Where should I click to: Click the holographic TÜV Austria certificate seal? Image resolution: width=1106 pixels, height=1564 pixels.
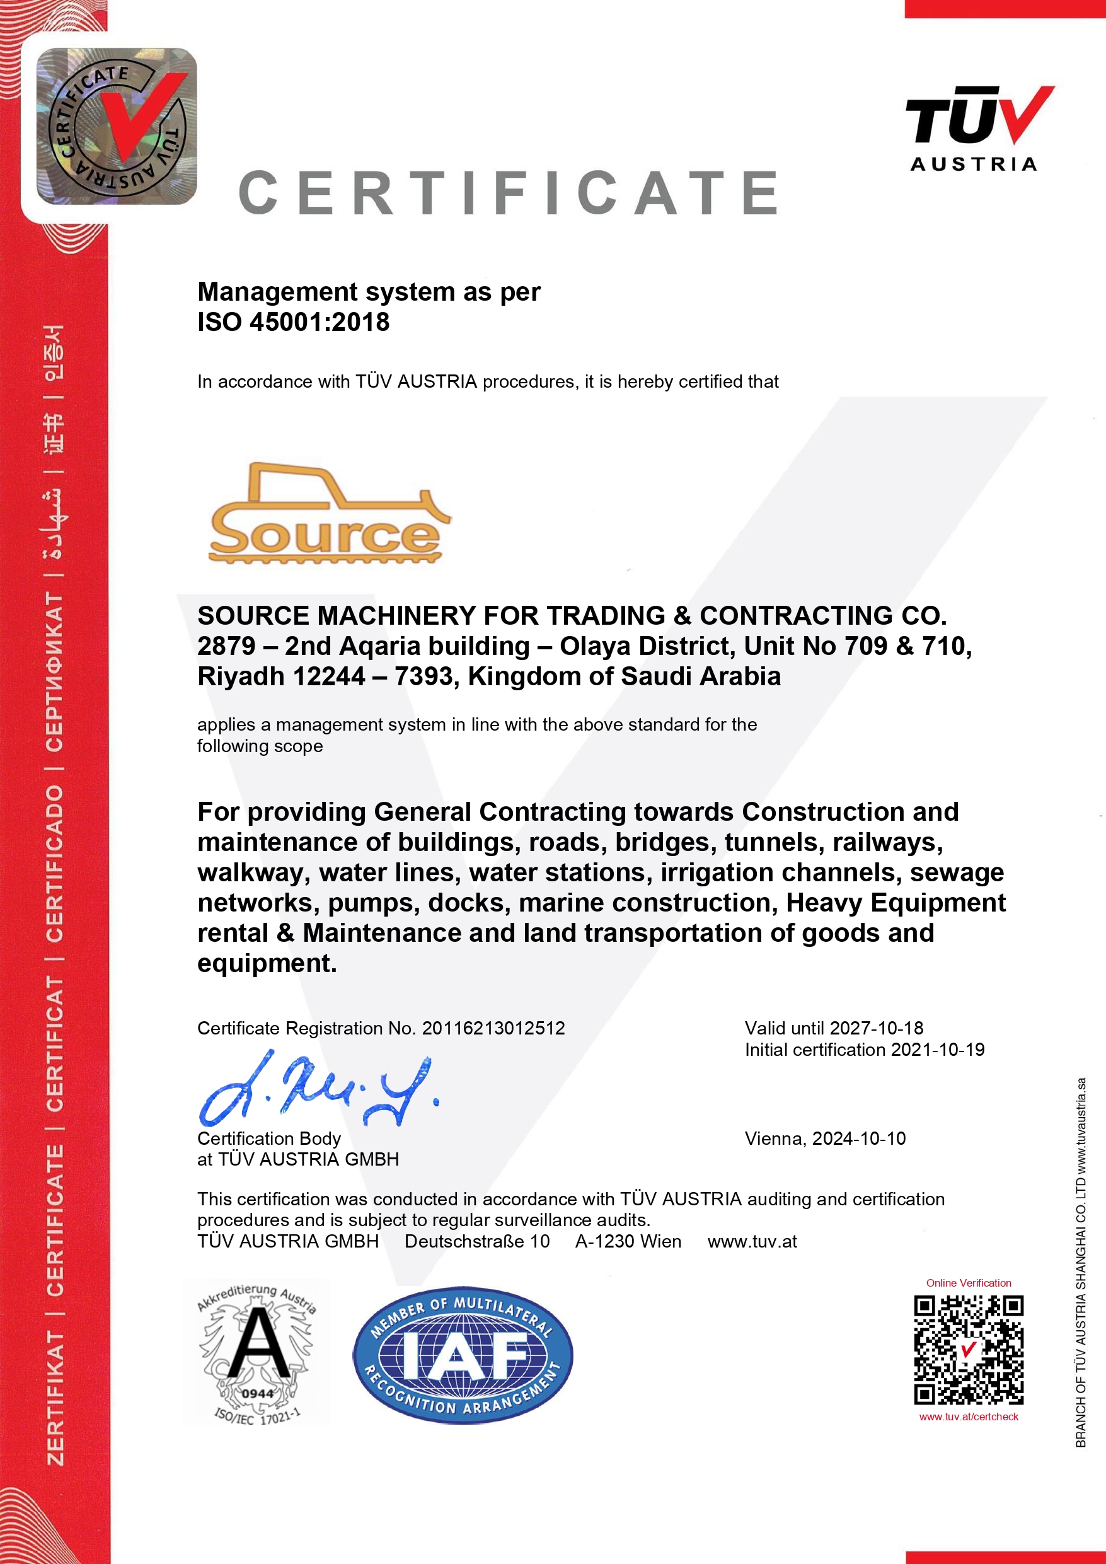click(x=117, y=127)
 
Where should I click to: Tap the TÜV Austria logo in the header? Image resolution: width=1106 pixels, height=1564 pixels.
click(x=979, y=128)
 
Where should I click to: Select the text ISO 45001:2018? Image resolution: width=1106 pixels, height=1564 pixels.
click(x=293, y=322)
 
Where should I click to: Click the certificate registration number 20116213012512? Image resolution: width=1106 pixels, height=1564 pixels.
click(x=493, y=1028)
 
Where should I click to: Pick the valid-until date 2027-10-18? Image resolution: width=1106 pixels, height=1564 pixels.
click(x=877, y=1028)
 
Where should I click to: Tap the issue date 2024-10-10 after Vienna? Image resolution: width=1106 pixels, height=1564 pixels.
click(x=859, y=1138)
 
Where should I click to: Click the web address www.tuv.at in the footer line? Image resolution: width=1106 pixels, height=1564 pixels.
click(x=752, y=1241)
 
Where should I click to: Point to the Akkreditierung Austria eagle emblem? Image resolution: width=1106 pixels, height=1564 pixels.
click(x=256, y=1353)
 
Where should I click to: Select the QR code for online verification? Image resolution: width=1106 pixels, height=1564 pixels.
click(x=968, y=1350)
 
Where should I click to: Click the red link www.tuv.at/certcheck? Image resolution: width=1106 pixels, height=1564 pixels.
click(x=968, y=1417)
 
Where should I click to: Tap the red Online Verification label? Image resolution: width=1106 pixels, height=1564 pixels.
click(x=968, y=1283)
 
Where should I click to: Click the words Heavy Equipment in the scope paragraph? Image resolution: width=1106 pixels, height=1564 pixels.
click(x=896, y=903)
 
